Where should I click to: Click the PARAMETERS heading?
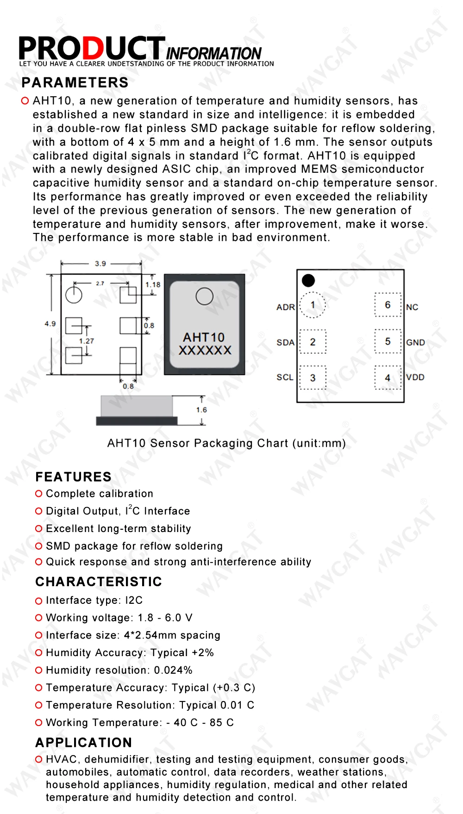click(75, 82)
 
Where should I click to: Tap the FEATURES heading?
click(73, 477)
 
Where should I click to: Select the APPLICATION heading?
click(84, 743)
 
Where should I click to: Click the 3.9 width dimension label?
click(100, 263)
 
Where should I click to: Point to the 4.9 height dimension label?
click(50, 324)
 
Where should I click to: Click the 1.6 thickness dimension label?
click(201, 410)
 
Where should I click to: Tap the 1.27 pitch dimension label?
click(86, 341)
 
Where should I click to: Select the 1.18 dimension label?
click(153, 285)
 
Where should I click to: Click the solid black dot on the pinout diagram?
click(308, 280)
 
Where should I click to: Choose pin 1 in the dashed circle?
click(313, 305)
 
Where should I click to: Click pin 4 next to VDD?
click(388, 377)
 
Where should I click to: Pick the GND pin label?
click(415, 343)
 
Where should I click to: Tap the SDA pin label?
click(285, 343)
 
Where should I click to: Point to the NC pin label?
click(412, 307)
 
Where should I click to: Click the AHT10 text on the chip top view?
click(204, 337)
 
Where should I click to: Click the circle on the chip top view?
click(204, 296)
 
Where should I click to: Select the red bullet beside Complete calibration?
click(39, 494)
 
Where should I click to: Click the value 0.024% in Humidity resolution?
click(173, 670)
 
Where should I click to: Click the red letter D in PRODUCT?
click(93, 48)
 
